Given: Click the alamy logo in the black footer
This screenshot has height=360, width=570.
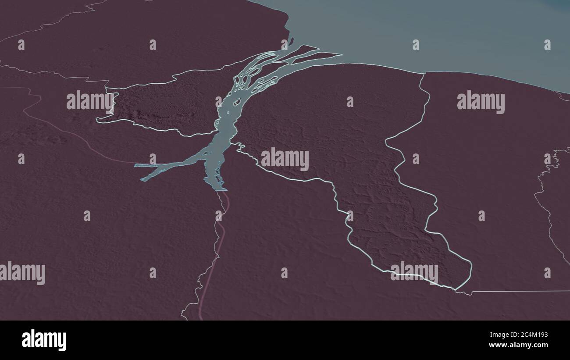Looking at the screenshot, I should click(44, 340).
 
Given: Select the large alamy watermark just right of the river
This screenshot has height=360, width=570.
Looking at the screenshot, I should click(285, 159).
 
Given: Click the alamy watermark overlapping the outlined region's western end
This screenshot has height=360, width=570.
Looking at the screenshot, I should click(90, 101).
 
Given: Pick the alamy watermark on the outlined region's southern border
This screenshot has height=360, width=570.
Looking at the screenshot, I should click(414, 272).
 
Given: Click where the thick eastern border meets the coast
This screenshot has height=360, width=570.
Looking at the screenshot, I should click(424, 73).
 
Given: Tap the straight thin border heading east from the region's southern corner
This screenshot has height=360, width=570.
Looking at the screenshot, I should click(517, 291).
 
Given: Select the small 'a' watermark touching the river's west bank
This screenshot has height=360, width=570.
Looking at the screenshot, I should click(218, 101).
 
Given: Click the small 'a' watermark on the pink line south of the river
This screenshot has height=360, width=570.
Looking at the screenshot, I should click(218, 215).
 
